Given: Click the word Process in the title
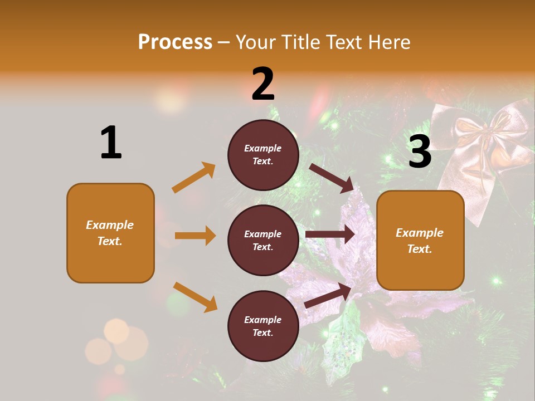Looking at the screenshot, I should coord(175,42).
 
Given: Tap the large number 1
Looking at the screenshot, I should coord(111,143).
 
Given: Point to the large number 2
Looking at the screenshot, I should coord(263,84).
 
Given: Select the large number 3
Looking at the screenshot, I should coord(420,152).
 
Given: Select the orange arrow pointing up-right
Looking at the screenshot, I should coord(194,178).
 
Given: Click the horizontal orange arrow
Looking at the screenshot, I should coord(195,236).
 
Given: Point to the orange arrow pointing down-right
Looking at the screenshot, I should coord(195,297).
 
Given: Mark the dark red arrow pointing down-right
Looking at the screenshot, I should coord(332,178).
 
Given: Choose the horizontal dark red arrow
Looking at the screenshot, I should coord(330,234).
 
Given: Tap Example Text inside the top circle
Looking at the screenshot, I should coord(263,155).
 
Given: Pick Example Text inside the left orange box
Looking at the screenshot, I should coord(110,233).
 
